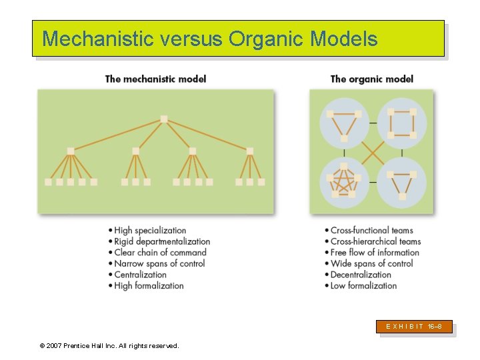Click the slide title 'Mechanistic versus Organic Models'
pos(209,39)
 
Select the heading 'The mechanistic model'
pos(155,79)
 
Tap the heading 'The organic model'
pos(371,79)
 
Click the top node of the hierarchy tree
pos(164,119)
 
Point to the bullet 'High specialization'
pos(150,231)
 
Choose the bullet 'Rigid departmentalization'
pos(162,241)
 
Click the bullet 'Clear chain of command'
pos(160,253)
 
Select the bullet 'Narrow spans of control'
pos(159,263)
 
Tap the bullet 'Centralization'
pos(140,275)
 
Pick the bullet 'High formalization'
pos(149,286)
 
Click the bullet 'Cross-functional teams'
pos(372,231)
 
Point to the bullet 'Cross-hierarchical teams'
pos(375,241)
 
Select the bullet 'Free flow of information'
pos(375,253)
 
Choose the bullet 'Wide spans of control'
pos(371,263)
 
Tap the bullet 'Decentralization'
pos(361,275)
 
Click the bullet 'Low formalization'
pos(363,286)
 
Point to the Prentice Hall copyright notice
pos(109,346)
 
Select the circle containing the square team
pos(401,123)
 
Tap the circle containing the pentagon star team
pos(344,182)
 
